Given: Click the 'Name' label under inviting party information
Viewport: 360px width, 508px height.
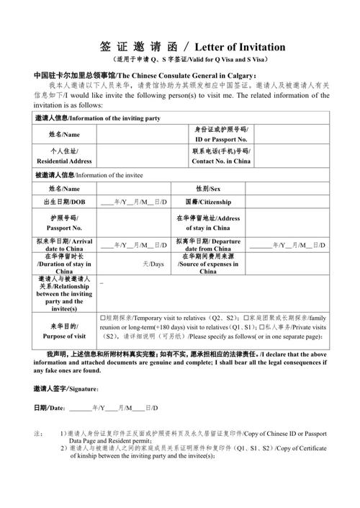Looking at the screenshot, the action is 64,134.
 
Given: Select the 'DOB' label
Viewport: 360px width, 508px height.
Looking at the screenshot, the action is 64,202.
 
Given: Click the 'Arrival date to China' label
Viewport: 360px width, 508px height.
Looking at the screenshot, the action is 64,244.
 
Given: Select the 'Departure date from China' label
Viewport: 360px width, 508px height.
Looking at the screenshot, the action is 208,244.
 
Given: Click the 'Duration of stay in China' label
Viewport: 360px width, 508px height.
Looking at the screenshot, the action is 64,264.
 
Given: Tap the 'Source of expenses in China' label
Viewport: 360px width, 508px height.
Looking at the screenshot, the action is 208,264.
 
